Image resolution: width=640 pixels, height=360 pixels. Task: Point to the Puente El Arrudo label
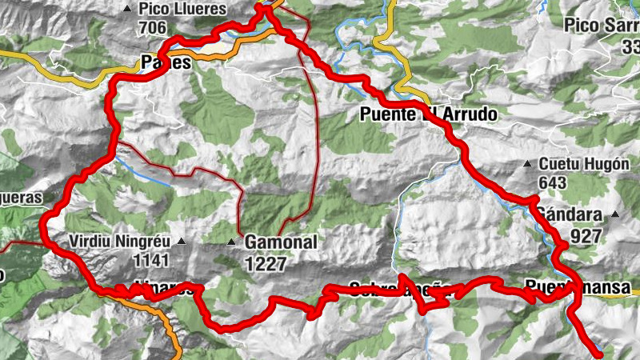tap(425, 115)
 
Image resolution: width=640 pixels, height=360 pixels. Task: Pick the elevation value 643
tap(552, 183)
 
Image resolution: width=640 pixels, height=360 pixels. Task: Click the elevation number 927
tap(586, 236)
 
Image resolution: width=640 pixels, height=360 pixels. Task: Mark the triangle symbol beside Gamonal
tap(231, 242)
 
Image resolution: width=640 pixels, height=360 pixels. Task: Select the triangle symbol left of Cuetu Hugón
tap(527, 165)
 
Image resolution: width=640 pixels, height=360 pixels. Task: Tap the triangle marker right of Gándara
tap(614, 214)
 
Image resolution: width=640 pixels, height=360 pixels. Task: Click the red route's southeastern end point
tap(598, 351)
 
